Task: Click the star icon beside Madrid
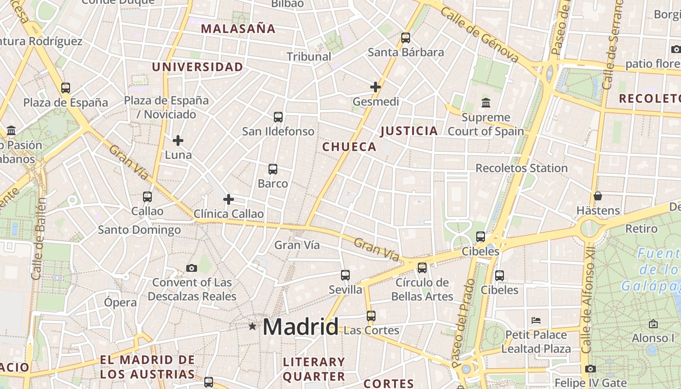(x=252, y=326)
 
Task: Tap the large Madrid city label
(x=300, y=327)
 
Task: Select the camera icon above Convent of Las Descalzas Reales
(x=192, y=268)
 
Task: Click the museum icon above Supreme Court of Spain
(x=485, y=103)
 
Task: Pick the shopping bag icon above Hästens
(x=598, y=196)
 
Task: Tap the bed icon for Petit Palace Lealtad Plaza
(x=536, y=320)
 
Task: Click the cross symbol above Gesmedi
(x=375, y=87)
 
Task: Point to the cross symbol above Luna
(x=178, y=141)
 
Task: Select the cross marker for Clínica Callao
(x=229, y=199)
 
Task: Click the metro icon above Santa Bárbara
(x=406, y=37)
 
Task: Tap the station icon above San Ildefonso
(x=278, y=117)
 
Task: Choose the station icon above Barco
(x=273, y=169)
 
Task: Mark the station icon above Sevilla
(x=345, y=275)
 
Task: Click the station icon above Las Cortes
(x=371, y=316)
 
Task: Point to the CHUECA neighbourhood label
(x=349, y=147)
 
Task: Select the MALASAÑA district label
(x=238, y=29)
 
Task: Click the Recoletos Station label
(x=521, y=168)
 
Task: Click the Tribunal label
(x=309, y=56)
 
